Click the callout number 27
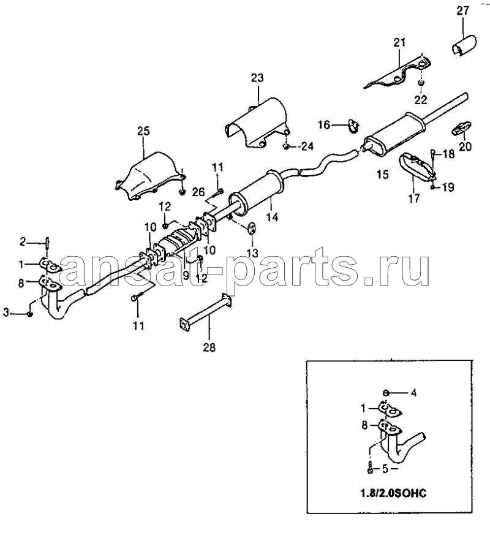tap(462, 11)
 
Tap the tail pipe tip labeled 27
tap(464, 45)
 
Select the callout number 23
tap(257, 78)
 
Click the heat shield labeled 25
tap(149, 175)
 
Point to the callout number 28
tap(209, 347)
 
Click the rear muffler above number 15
tap(394, 133)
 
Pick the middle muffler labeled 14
tap(257, 194)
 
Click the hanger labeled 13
tap(252, 227)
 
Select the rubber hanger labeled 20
tap(461, 128)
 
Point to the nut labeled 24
tap(286, 147)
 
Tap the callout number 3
tap(6, 313)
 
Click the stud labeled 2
tap(47, 244)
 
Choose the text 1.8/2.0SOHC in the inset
tap(393, 493)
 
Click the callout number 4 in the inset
tap(414, 392)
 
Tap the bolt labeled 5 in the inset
tap(370, 469)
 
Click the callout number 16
tap(324, 124)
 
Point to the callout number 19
tap(448, 187)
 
